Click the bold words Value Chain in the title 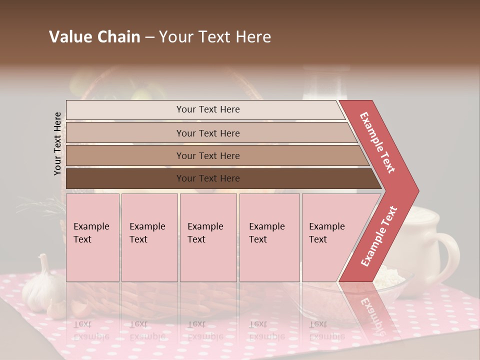(x=94, y=37)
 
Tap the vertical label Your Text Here (x=57, y=143)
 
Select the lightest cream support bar (x=205, y=109)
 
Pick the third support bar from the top (x=215, y=155)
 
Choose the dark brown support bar (x=220, y=178)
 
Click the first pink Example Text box (x=92, y=237)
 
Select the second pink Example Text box (x=149, y=237)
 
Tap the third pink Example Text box (x=208, y=237)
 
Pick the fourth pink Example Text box (x=269, y=237)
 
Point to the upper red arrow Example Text (x=378, y=142)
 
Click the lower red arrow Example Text (x=379, y=236)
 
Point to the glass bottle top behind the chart (x=328, y=80)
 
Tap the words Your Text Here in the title (x=215, y=37)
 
